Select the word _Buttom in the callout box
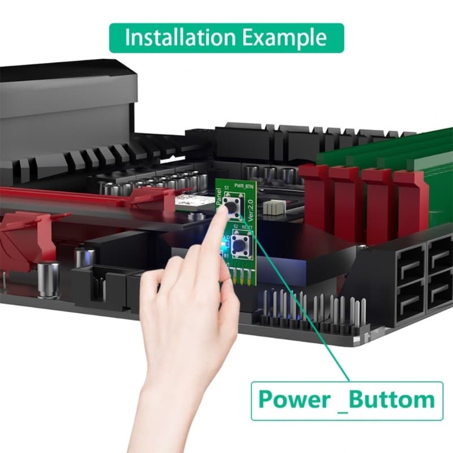pos(390,400)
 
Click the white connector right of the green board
pos(275,207)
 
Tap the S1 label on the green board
pos(226,186)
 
